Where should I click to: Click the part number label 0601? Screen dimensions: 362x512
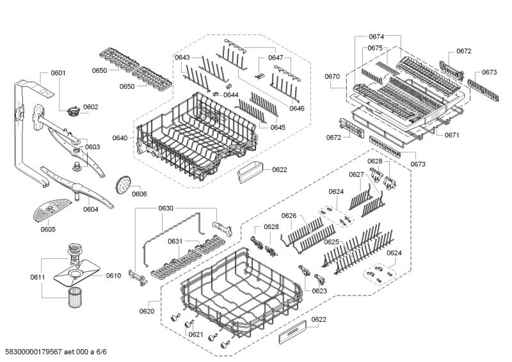(x=58, y=73)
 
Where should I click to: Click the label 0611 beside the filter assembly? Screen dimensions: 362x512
(x=38, y=276)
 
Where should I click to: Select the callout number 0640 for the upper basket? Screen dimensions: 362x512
(x=120, y=137)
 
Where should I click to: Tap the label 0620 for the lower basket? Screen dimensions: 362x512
(x=147, y=311)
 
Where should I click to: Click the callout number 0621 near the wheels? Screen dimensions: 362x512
(x=196, y=334)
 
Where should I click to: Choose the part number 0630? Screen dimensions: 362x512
(x=166, y=209)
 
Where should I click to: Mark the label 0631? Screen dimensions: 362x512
(x=176, y=241)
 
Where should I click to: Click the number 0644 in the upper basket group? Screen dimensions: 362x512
(x=231, y=95)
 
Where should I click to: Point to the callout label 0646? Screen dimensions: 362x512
(x=296, y=108)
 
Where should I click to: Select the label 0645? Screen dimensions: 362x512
(x=277, y=127)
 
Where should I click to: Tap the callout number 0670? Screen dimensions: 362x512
(x=332, y=76)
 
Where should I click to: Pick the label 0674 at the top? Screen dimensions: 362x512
(x=376, y=36)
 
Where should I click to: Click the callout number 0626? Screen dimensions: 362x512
(x=290, y=216)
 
